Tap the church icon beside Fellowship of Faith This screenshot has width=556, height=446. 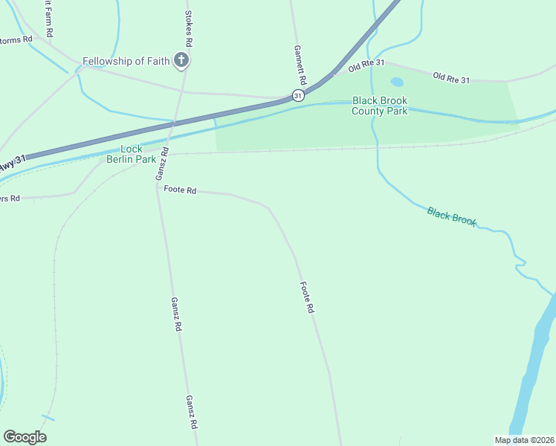pos(181,60)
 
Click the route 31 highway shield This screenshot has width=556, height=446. pos(298,95)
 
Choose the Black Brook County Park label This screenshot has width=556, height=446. pos(380,106)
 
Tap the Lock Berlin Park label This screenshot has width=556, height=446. pos(131,154)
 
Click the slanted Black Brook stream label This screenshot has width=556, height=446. pos(451,216)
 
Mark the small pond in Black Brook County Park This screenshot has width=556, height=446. pos(397,82)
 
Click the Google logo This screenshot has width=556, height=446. pos(25,437)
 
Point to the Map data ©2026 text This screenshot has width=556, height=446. pos(524,440)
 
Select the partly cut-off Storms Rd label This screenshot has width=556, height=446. pos(16,39)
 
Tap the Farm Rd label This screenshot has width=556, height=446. pos(48,19)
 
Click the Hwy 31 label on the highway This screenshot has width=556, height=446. pos(13,164)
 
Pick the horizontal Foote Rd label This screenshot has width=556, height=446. pos(181,191)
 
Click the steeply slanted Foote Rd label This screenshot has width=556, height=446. pos(308,297)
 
